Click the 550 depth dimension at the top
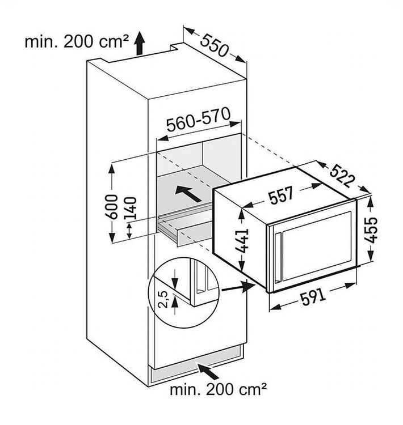click(x=214, y=45)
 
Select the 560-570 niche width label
click(x=199, y=119)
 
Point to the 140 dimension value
click(x=131, y=208)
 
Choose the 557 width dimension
click(x=282, y=195)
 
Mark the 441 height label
click(x=242, y=241)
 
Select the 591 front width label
click(x=313, y=296)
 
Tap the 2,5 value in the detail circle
click(x=163, y=299)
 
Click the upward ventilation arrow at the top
click(x=140, y=43)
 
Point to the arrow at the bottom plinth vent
click(x=208, y=372)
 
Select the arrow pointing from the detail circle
click(x=239, y=287)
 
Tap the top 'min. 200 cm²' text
click(x=77, y=42)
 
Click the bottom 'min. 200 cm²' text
click(x=218, y=390)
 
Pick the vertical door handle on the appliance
click(x=278, y=257)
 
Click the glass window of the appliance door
click(x=317, y=246)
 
